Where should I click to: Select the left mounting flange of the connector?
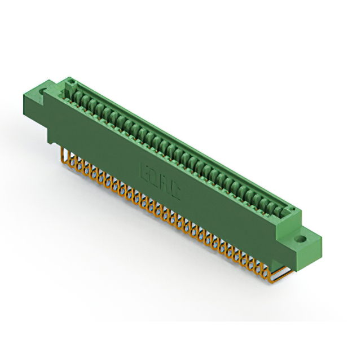[x=46, y=93]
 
